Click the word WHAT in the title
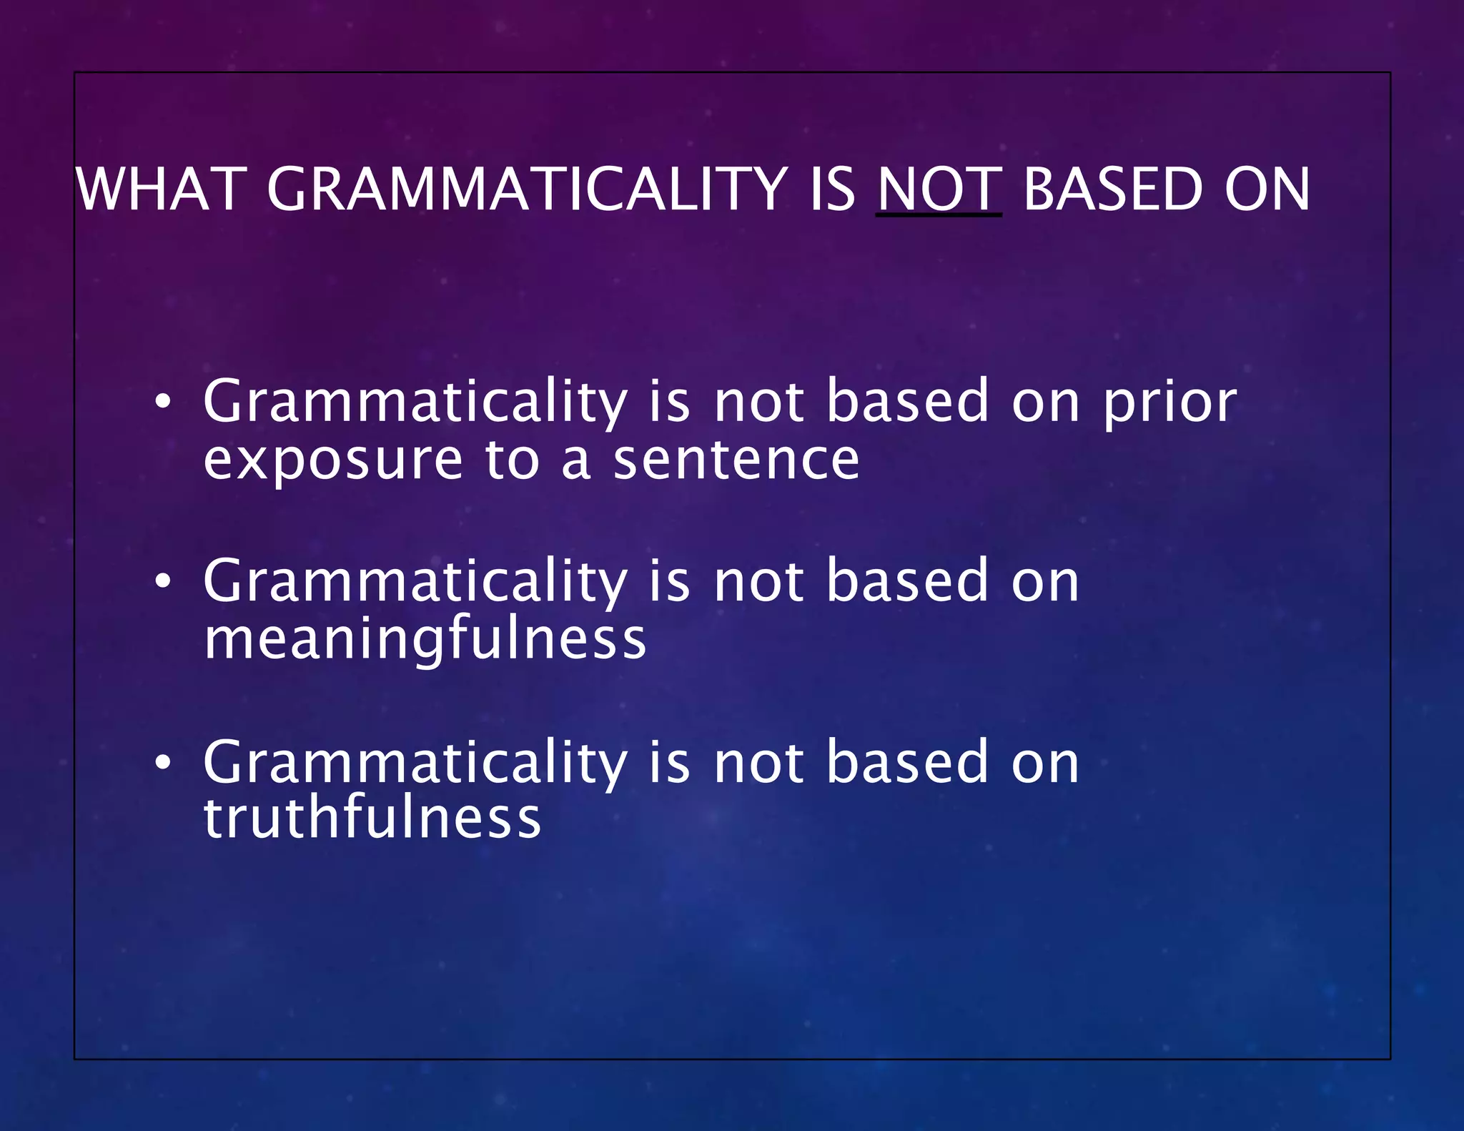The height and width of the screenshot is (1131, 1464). point(161,189)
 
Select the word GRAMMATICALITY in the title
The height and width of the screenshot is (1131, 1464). point(527,189)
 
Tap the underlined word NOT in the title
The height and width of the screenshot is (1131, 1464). point(939,189)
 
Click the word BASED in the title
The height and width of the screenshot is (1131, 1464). point(1113,189)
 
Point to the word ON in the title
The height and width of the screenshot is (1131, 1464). point(1267,189)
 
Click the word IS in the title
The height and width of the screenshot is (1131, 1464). point(831,189)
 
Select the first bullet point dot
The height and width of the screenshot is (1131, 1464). point(163,402)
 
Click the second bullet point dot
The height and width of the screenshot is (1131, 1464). point(163,582)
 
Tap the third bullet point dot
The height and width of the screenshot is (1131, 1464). point(163,763)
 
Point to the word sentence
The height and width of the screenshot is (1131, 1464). point(736,460)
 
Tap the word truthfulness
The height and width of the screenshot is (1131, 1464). point(372,819)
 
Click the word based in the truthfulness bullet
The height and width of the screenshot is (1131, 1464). point(907,763)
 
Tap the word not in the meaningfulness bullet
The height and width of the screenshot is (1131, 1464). point(758,582)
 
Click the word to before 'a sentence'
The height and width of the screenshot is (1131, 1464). point(511,460)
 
